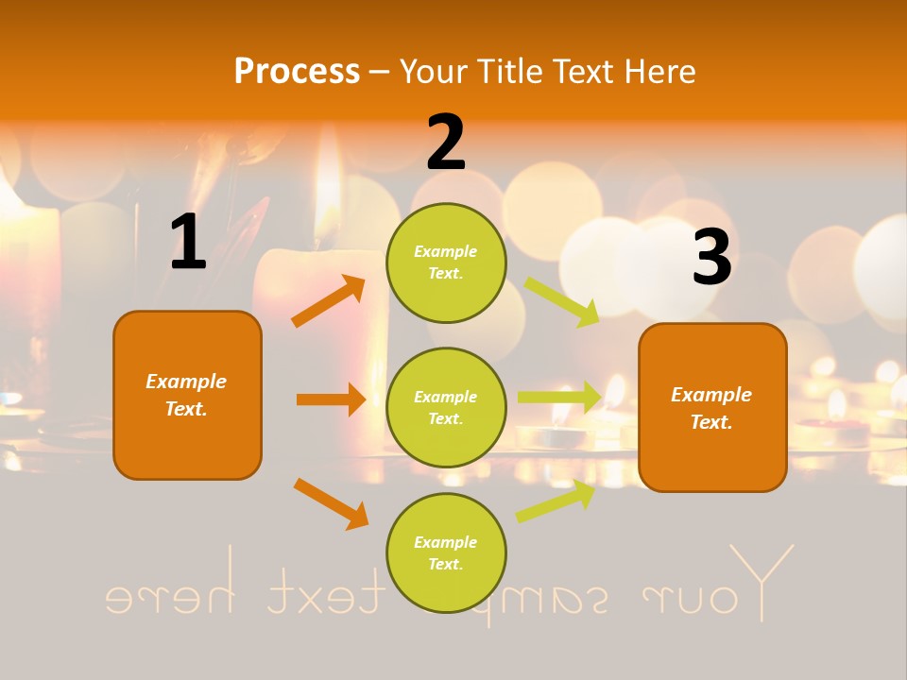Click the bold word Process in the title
tap(297, 71)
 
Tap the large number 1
tap(188, 243)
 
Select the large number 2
tap(446, 142)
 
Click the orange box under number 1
tap(187, 395)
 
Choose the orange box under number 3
tap(712, 407)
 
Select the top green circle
tap(446, 263)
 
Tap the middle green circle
tap(446, 407)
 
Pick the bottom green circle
tap(446, 552)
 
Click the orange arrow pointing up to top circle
tap(329, 301)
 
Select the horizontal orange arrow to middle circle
tap(331, 399)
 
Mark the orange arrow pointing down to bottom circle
tap(331, 503)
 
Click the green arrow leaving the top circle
tap(562, 300)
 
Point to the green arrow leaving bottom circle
tap(556, 501)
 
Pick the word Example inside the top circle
tap(446, 252)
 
